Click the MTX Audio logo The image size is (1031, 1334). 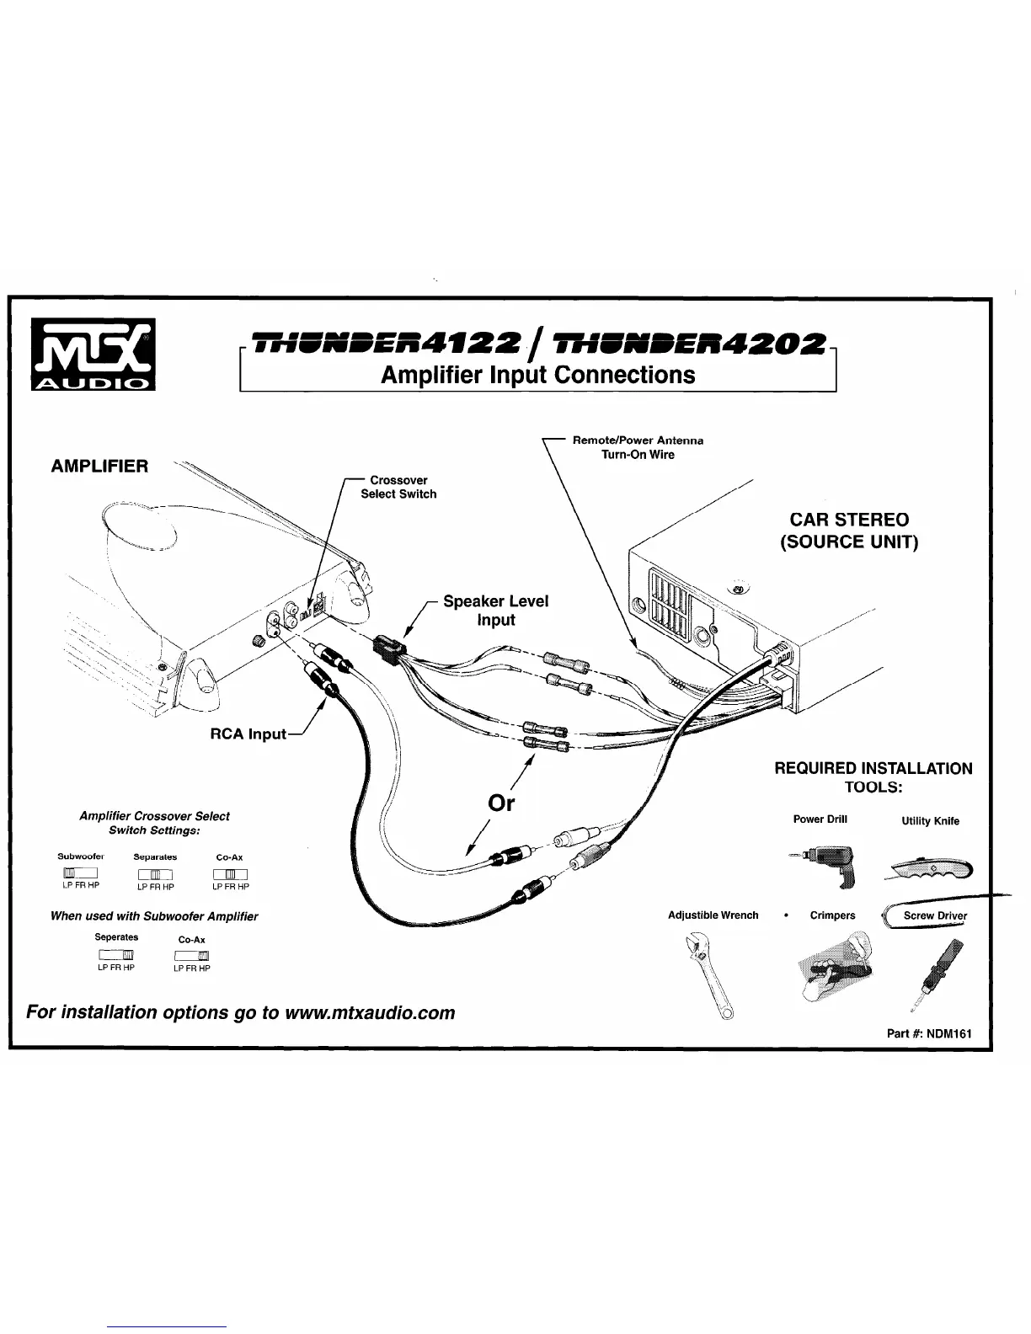click(92, 355)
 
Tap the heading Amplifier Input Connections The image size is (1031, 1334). click(537, 375)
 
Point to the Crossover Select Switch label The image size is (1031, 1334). click(398, 488)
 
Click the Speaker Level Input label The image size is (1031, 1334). click(495, 611)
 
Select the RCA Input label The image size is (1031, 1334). click(248, 734)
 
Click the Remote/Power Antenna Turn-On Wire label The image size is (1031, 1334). click(638, 447)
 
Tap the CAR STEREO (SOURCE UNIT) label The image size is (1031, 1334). click(848, 531)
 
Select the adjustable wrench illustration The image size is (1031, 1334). click(711, 975)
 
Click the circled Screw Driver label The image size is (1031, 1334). click(934, 916)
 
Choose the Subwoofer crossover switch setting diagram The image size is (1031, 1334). click(80, 872)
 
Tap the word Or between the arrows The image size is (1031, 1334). click(501, 803)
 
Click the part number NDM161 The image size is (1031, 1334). click(949, 1033)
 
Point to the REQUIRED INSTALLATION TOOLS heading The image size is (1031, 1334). click(873, 777)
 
